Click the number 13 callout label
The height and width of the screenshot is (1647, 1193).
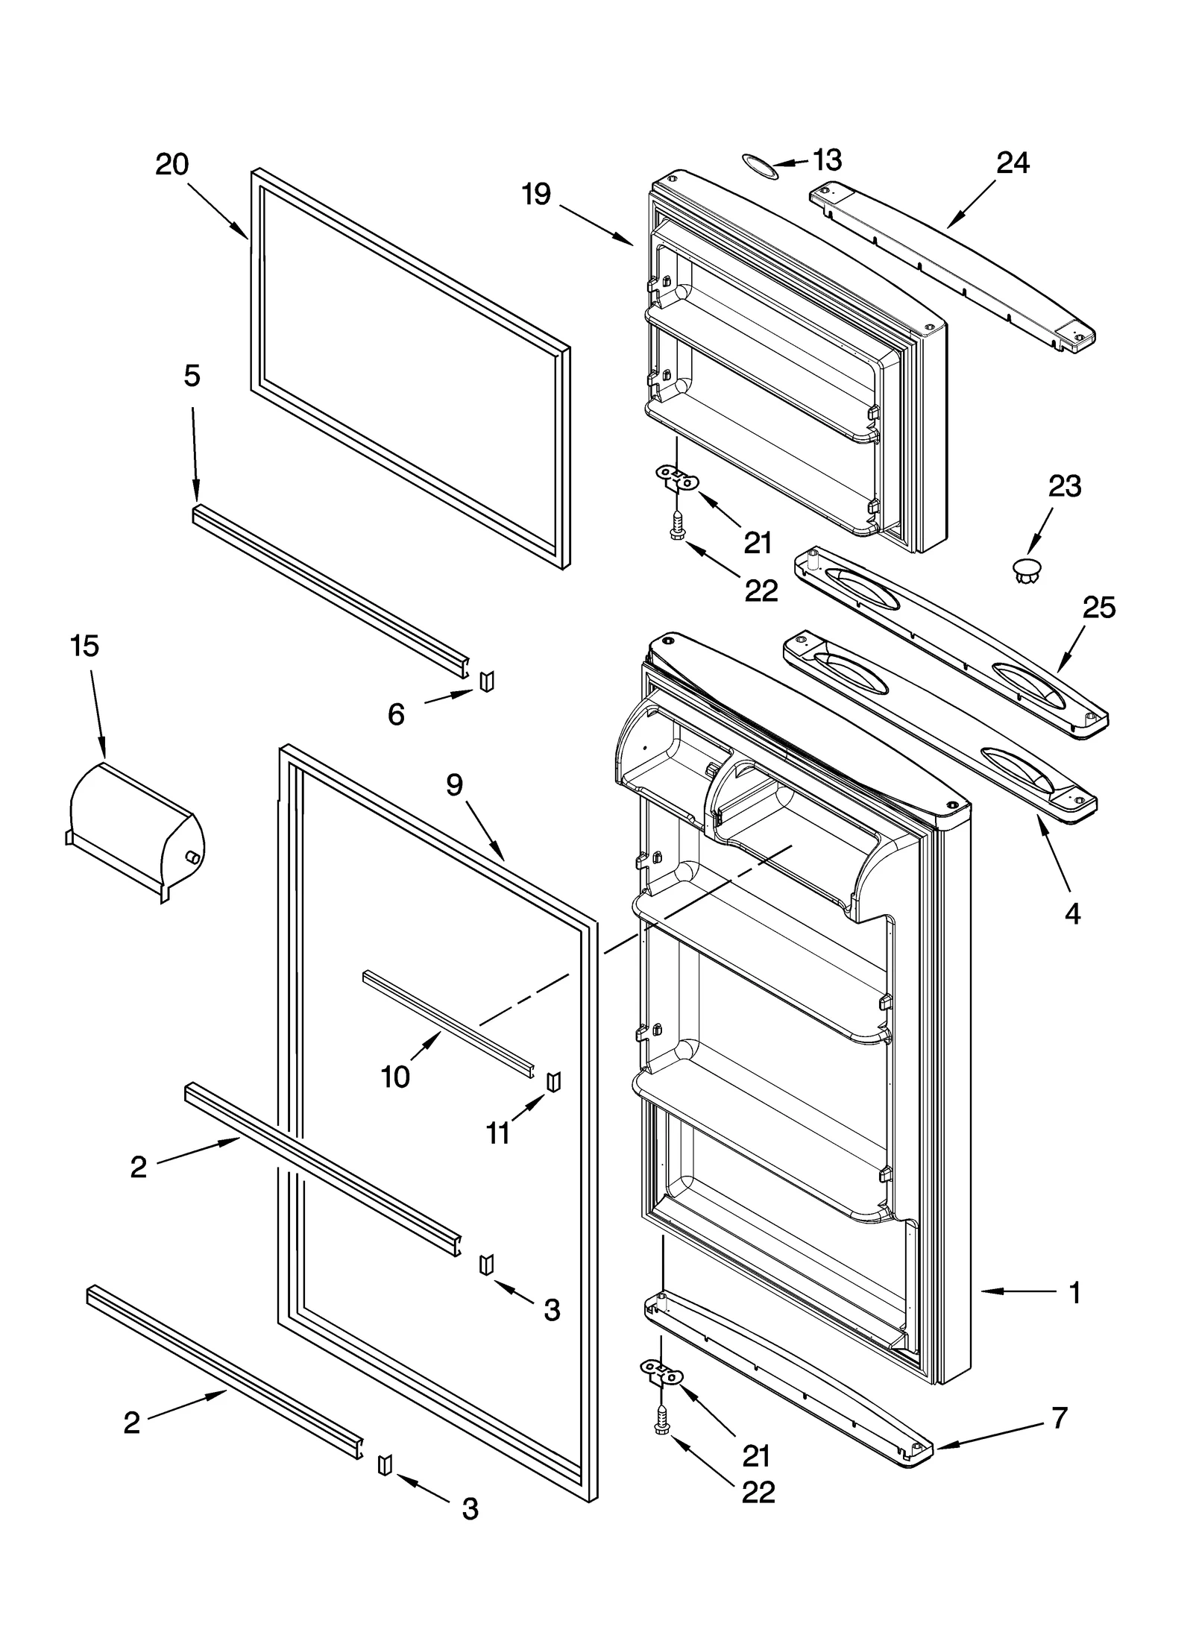826,160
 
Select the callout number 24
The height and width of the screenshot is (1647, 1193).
1013,163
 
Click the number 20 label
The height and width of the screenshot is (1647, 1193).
171,164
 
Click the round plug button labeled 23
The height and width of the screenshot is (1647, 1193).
1027,570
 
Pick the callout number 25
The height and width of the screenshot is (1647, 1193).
1098,608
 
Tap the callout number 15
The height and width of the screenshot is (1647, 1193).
84,646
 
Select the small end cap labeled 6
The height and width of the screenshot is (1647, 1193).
486,681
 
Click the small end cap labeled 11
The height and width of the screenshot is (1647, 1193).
553,1081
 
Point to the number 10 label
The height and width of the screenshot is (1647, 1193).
394,1077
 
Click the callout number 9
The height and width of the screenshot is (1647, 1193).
455,784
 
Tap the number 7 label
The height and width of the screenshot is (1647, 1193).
1060,1417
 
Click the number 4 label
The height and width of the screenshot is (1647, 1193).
1072,913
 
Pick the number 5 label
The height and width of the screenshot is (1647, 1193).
192,376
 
